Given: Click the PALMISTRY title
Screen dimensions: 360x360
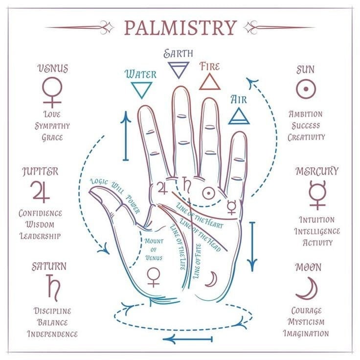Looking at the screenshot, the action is click(180, 27).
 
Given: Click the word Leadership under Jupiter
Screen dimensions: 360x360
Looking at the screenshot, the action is click(40, 236).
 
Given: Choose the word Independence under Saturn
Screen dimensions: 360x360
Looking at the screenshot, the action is click(52, 334).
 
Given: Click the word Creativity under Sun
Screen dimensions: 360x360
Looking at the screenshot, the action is click(306, 137).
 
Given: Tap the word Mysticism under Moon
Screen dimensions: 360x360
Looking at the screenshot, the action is click(306, 322).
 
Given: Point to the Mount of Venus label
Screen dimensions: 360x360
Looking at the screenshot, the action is click(154, 249).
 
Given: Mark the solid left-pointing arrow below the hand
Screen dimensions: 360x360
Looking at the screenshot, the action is click(187, 339).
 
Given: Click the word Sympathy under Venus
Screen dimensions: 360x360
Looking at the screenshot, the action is click(52, 126).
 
